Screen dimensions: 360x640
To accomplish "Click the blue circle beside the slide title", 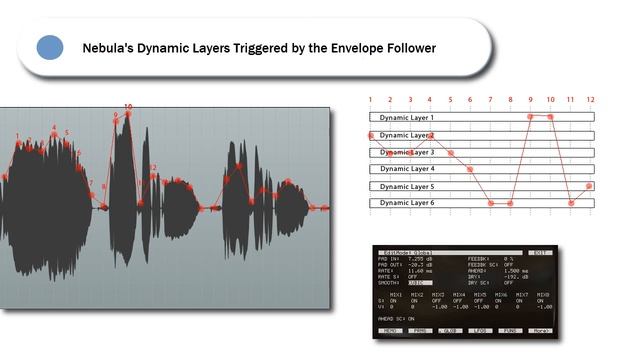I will [49, 47].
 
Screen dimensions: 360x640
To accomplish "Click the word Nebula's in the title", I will [109, 47].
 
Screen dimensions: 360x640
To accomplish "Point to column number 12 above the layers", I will [590, 100].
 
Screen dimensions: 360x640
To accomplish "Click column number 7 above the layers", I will [490, 100].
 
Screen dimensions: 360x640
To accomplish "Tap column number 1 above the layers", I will [370, 100].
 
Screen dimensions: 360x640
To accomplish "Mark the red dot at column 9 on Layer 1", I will [530, 117].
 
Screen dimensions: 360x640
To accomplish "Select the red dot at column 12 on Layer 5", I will [590, 186].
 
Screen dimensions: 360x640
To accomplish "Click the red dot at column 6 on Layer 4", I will [470, 169].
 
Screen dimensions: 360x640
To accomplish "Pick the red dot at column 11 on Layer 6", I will [571, 203].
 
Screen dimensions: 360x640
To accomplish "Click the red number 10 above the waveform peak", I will [128, 106].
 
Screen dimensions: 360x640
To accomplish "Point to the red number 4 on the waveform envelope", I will [54, 128].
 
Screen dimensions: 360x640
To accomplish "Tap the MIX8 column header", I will [543, 295].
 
